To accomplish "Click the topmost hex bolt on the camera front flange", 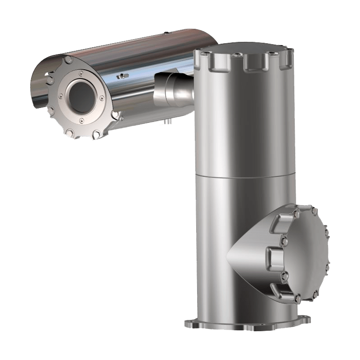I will [x=67, y=60].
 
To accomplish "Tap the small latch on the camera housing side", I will [x=120, y=76].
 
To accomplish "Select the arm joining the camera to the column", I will [x=173, y=88].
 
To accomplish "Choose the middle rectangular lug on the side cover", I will [x=275, y=256].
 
